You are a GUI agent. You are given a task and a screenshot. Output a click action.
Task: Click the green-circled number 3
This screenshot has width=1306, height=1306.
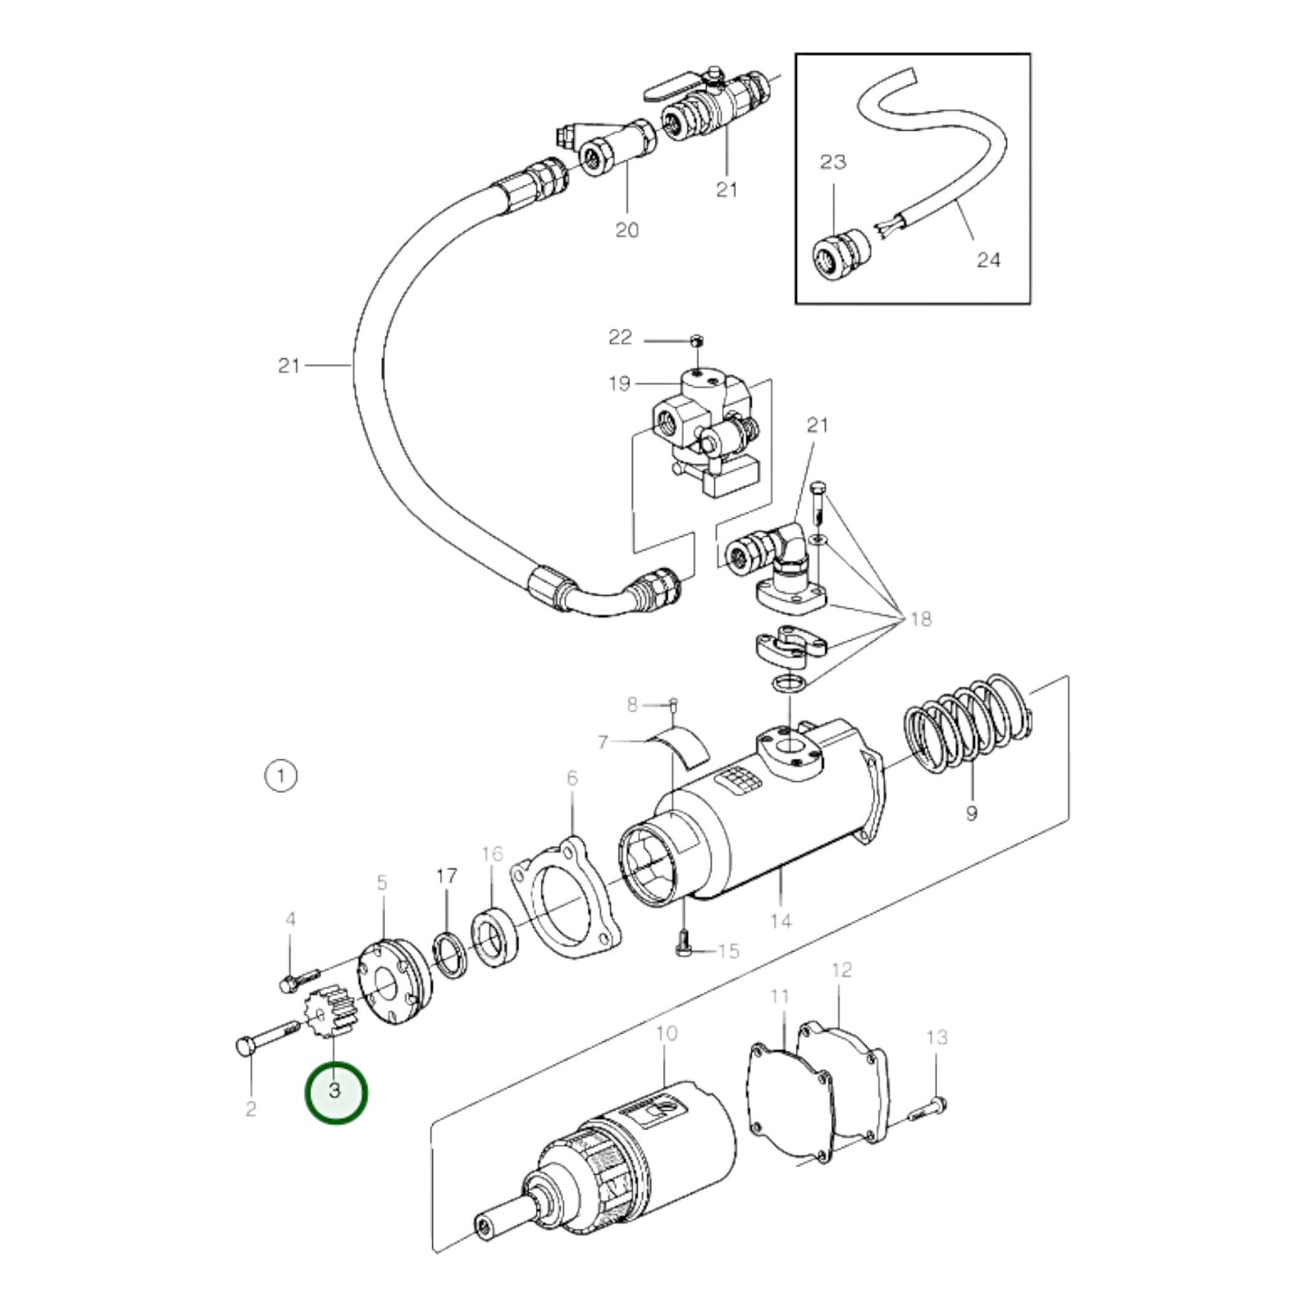336,1093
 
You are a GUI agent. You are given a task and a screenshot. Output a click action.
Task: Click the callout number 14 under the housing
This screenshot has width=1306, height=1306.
781,921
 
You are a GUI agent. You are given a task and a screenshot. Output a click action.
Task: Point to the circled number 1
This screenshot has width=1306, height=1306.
281,775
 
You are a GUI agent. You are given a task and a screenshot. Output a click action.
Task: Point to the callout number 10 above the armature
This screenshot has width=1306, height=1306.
666,1033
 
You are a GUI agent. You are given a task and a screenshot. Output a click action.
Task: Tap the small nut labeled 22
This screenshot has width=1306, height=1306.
696,341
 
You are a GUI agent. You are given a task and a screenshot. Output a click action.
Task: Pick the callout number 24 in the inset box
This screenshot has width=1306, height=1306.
989,259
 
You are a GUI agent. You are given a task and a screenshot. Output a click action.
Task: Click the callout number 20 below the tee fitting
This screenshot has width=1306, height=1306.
626,230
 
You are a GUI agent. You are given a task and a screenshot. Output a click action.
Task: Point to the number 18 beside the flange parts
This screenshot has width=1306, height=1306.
920,619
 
